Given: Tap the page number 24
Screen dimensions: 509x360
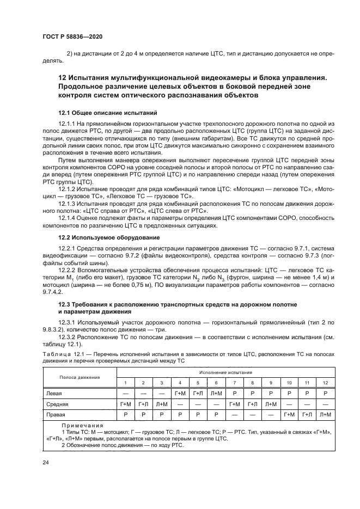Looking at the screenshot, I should point(45,463).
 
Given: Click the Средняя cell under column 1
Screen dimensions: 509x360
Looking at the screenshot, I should point(126,404).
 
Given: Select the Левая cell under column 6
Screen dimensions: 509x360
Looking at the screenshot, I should point(216,393).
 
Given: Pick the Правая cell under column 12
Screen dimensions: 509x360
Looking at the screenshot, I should point(326,415).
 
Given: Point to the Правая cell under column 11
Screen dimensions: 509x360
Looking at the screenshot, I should point(308,415).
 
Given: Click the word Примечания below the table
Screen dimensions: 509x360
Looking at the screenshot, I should point(81,426).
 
